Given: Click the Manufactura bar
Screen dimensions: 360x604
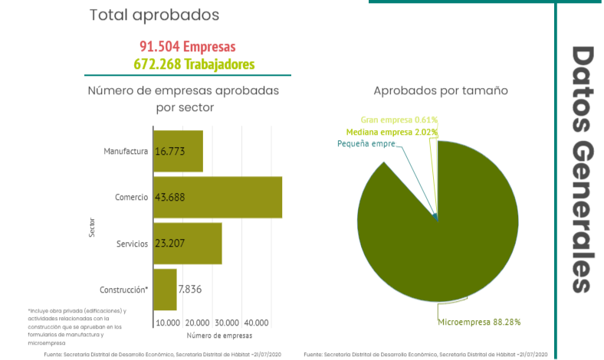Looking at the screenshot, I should (x=178, y=151).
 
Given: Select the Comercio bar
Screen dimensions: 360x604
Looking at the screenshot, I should (x=218, y=197).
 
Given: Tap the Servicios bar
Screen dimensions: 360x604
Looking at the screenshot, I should (x=187, y=244).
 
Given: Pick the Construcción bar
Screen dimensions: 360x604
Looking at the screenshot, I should (x=165, y=290).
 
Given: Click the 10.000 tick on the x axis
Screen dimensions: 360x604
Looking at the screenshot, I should (x=168, y=322).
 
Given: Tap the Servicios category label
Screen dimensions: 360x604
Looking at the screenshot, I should (x=132, y=244).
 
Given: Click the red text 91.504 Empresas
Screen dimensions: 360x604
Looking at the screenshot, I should (x=188, y=47).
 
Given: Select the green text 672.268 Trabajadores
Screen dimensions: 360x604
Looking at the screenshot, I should (x=193, y=64).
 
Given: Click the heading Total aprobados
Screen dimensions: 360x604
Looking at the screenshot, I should (x=154, y=15).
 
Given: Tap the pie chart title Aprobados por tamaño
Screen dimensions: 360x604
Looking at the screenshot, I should (x=441, y=90).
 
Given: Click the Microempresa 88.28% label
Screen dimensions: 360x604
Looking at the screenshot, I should (x=479, y=322).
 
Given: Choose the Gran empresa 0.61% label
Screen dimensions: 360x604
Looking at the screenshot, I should (x=399, y=120).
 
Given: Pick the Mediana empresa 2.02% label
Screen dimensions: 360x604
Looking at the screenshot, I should (x=392, y=132).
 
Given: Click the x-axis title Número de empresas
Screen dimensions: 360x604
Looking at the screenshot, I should (x=218, y=335).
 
